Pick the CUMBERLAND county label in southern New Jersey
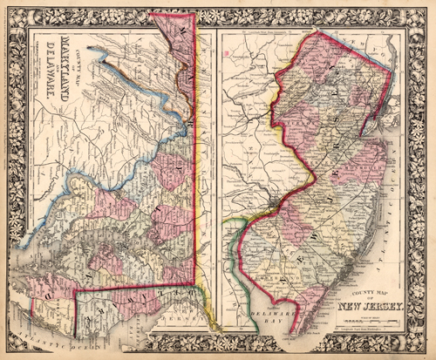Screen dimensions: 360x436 pos(277,283)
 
